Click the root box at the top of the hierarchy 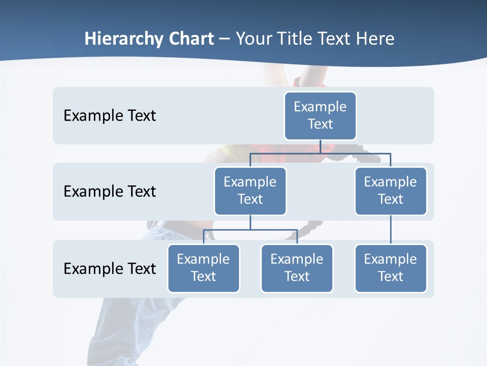[320, 115]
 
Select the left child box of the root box [250, 191]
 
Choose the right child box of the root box [391, 191]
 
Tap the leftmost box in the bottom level [203, 268]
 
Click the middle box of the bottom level [297, 268]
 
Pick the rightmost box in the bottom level [391, 268]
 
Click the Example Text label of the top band [110, 116]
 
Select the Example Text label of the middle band [110, 192]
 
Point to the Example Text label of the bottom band [110, 268]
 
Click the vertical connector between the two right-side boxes [391, 230]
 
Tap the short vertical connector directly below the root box [320, 146]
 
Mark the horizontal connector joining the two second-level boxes [320, 153]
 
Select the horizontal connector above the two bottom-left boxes [250, 230]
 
